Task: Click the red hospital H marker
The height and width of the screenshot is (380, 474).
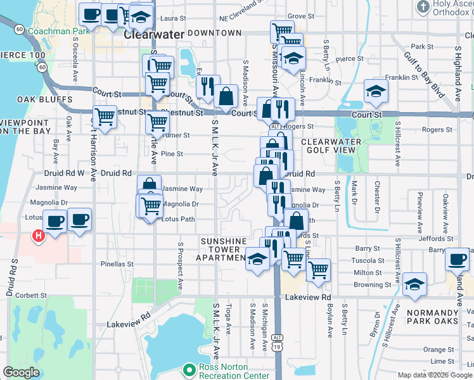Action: [x=39, y=236]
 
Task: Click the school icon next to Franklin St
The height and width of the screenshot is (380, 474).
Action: [x=376, y=91]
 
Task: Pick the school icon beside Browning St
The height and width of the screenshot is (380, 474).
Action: [x=414, y=283]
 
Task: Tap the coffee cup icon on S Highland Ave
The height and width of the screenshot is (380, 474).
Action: [x=457, y=258]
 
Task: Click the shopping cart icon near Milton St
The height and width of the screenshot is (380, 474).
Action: [x=318, y=269]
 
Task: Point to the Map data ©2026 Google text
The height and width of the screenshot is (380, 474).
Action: [x=434, y=375]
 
